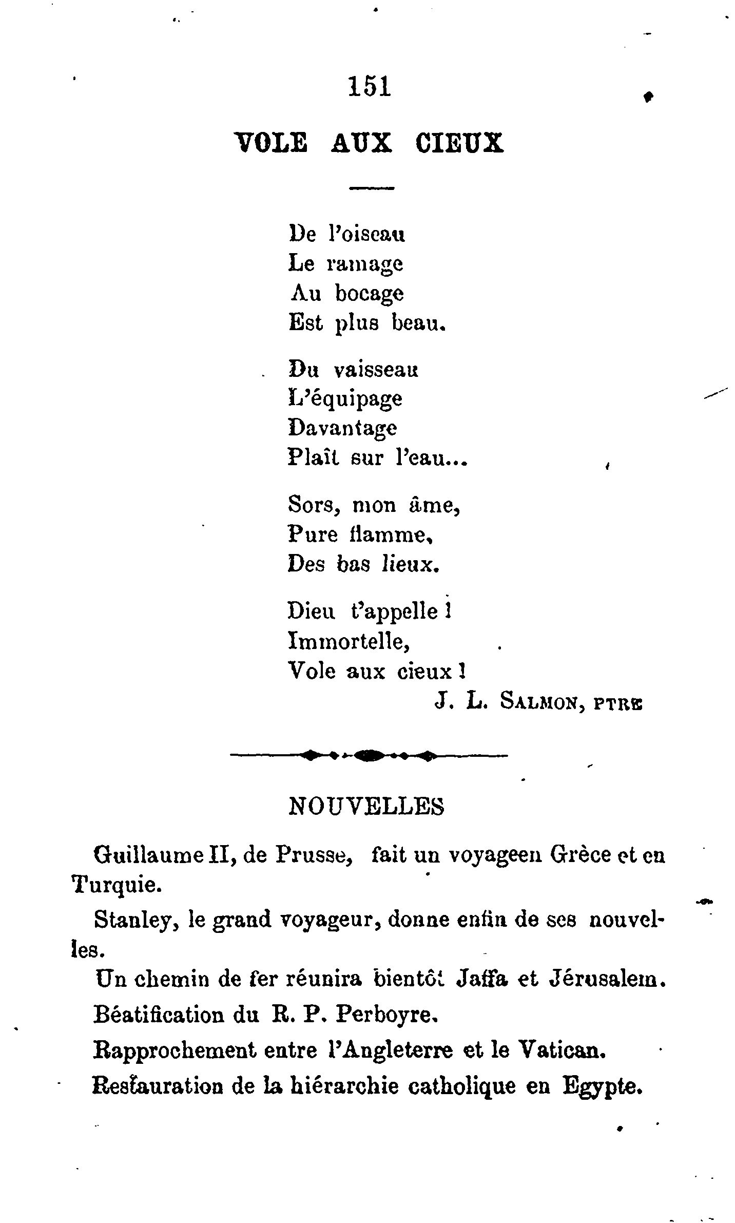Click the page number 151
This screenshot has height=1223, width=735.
tap(370, 86)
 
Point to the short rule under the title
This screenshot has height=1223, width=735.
tap(372, 188)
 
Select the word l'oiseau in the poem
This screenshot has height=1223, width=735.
tap(366, 235)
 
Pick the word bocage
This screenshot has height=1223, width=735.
tap(370, 294)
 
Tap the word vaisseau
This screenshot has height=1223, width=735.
tap(376, 370)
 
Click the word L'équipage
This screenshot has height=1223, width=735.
tap(345, 399)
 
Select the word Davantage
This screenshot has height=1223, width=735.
tap(342, 428)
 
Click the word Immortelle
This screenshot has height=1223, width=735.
tap(349, 641)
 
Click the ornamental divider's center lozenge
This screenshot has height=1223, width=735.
tap(369, 755)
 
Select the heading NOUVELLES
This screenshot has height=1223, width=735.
tap(367, 807)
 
